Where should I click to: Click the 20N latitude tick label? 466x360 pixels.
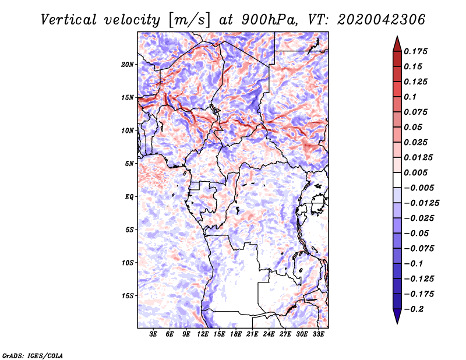[x=128, y=65]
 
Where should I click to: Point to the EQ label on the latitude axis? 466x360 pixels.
[x=129, y=197]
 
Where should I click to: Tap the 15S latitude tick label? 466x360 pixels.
[x=128, y=296]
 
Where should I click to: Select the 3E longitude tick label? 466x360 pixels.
[x=153, y=334]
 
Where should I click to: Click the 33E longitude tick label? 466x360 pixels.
[x=318, y=334]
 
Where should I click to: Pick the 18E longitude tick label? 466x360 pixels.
[x=236, y=334]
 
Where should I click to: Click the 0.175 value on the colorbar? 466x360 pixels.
[x=415, y=51]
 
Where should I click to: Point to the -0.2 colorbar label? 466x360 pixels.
[x=414, y=309]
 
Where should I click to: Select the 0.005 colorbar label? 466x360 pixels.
[x=415, y=172]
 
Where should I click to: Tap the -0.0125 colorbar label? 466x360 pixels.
[x=421, y=203]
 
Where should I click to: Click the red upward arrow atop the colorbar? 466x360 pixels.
[x=397, y=44]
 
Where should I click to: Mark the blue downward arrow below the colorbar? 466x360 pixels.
[x=397, y=316]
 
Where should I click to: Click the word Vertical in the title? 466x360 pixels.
[x=69, y=20]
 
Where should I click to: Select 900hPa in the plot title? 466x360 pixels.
[x=269, y=20]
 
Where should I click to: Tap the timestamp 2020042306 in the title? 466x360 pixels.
[x=382, y=20]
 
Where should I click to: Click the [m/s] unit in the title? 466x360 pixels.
[x=189, y=20]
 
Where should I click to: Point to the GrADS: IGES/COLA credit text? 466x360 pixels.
[x=33, y=356]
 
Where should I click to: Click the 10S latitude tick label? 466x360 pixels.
[x=128, y=263]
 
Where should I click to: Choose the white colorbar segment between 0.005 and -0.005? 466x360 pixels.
[x=397, y=180]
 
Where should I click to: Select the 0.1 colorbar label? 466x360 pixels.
[x=410, y=97]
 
